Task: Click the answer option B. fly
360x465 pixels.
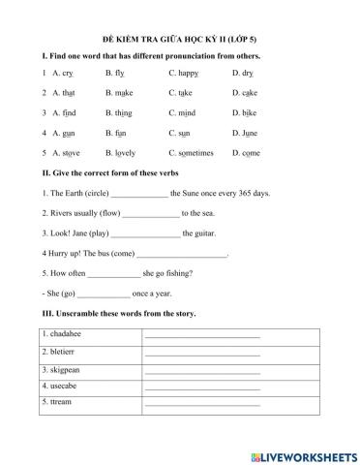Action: (115, 73)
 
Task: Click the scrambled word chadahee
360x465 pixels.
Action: (61, 335)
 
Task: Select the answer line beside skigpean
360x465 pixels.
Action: (202, 370)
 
